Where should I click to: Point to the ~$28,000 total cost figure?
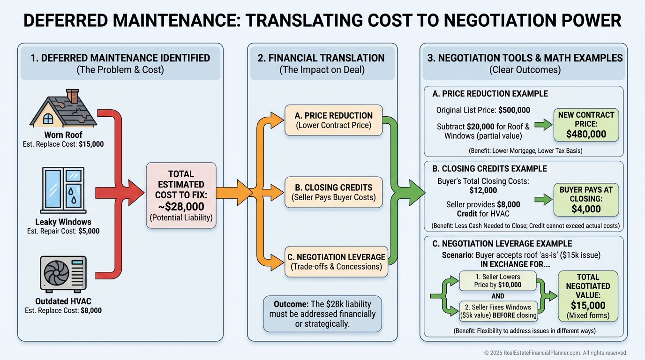coord(181,207)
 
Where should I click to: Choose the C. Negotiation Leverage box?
coord(336,262)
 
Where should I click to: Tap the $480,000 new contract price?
coord(586,134)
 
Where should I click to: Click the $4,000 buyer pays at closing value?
coord(586,209)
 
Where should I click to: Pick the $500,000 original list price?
coord(514,110)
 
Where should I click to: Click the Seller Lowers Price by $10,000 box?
coord(497,281)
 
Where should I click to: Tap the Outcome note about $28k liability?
coord(322,314)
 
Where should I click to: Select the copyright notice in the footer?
coord(555,353)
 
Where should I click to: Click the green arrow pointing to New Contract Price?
coord(543,125)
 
